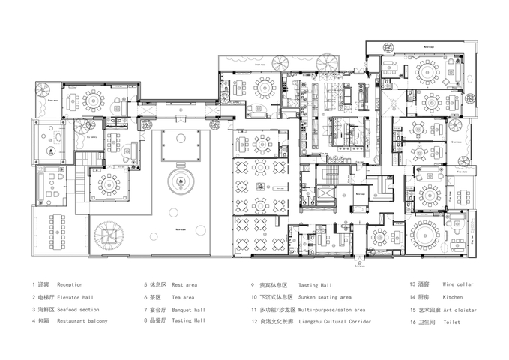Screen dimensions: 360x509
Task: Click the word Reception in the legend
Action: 70,285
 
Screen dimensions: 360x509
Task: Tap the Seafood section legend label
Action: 78,309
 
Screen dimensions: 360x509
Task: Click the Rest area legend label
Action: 184,285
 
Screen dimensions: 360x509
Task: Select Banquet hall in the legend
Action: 188,309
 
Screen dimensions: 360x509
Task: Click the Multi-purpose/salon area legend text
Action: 332,309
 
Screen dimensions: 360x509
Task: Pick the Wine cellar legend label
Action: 458,285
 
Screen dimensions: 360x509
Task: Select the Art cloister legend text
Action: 460,309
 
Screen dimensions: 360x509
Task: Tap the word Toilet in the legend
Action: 451,321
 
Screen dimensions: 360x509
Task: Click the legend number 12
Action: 254,321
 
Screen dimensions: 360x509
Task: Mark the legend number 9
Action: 253,285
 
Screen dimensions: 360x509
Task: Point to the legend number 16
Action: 412,321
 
